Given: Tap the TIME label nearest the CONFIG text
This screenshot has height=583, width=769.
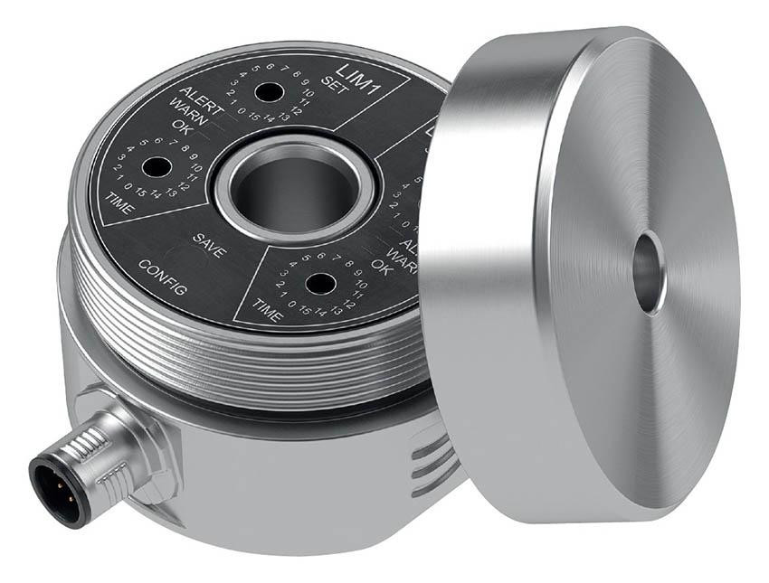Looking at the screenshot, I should (x=119, y=202).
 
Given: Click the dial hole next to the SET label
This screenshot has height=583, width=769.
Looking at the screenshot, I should (x=266, y=91).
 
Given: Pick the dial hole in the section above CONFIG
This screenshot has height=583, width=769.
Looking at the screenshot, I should (x=156, y=168).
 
